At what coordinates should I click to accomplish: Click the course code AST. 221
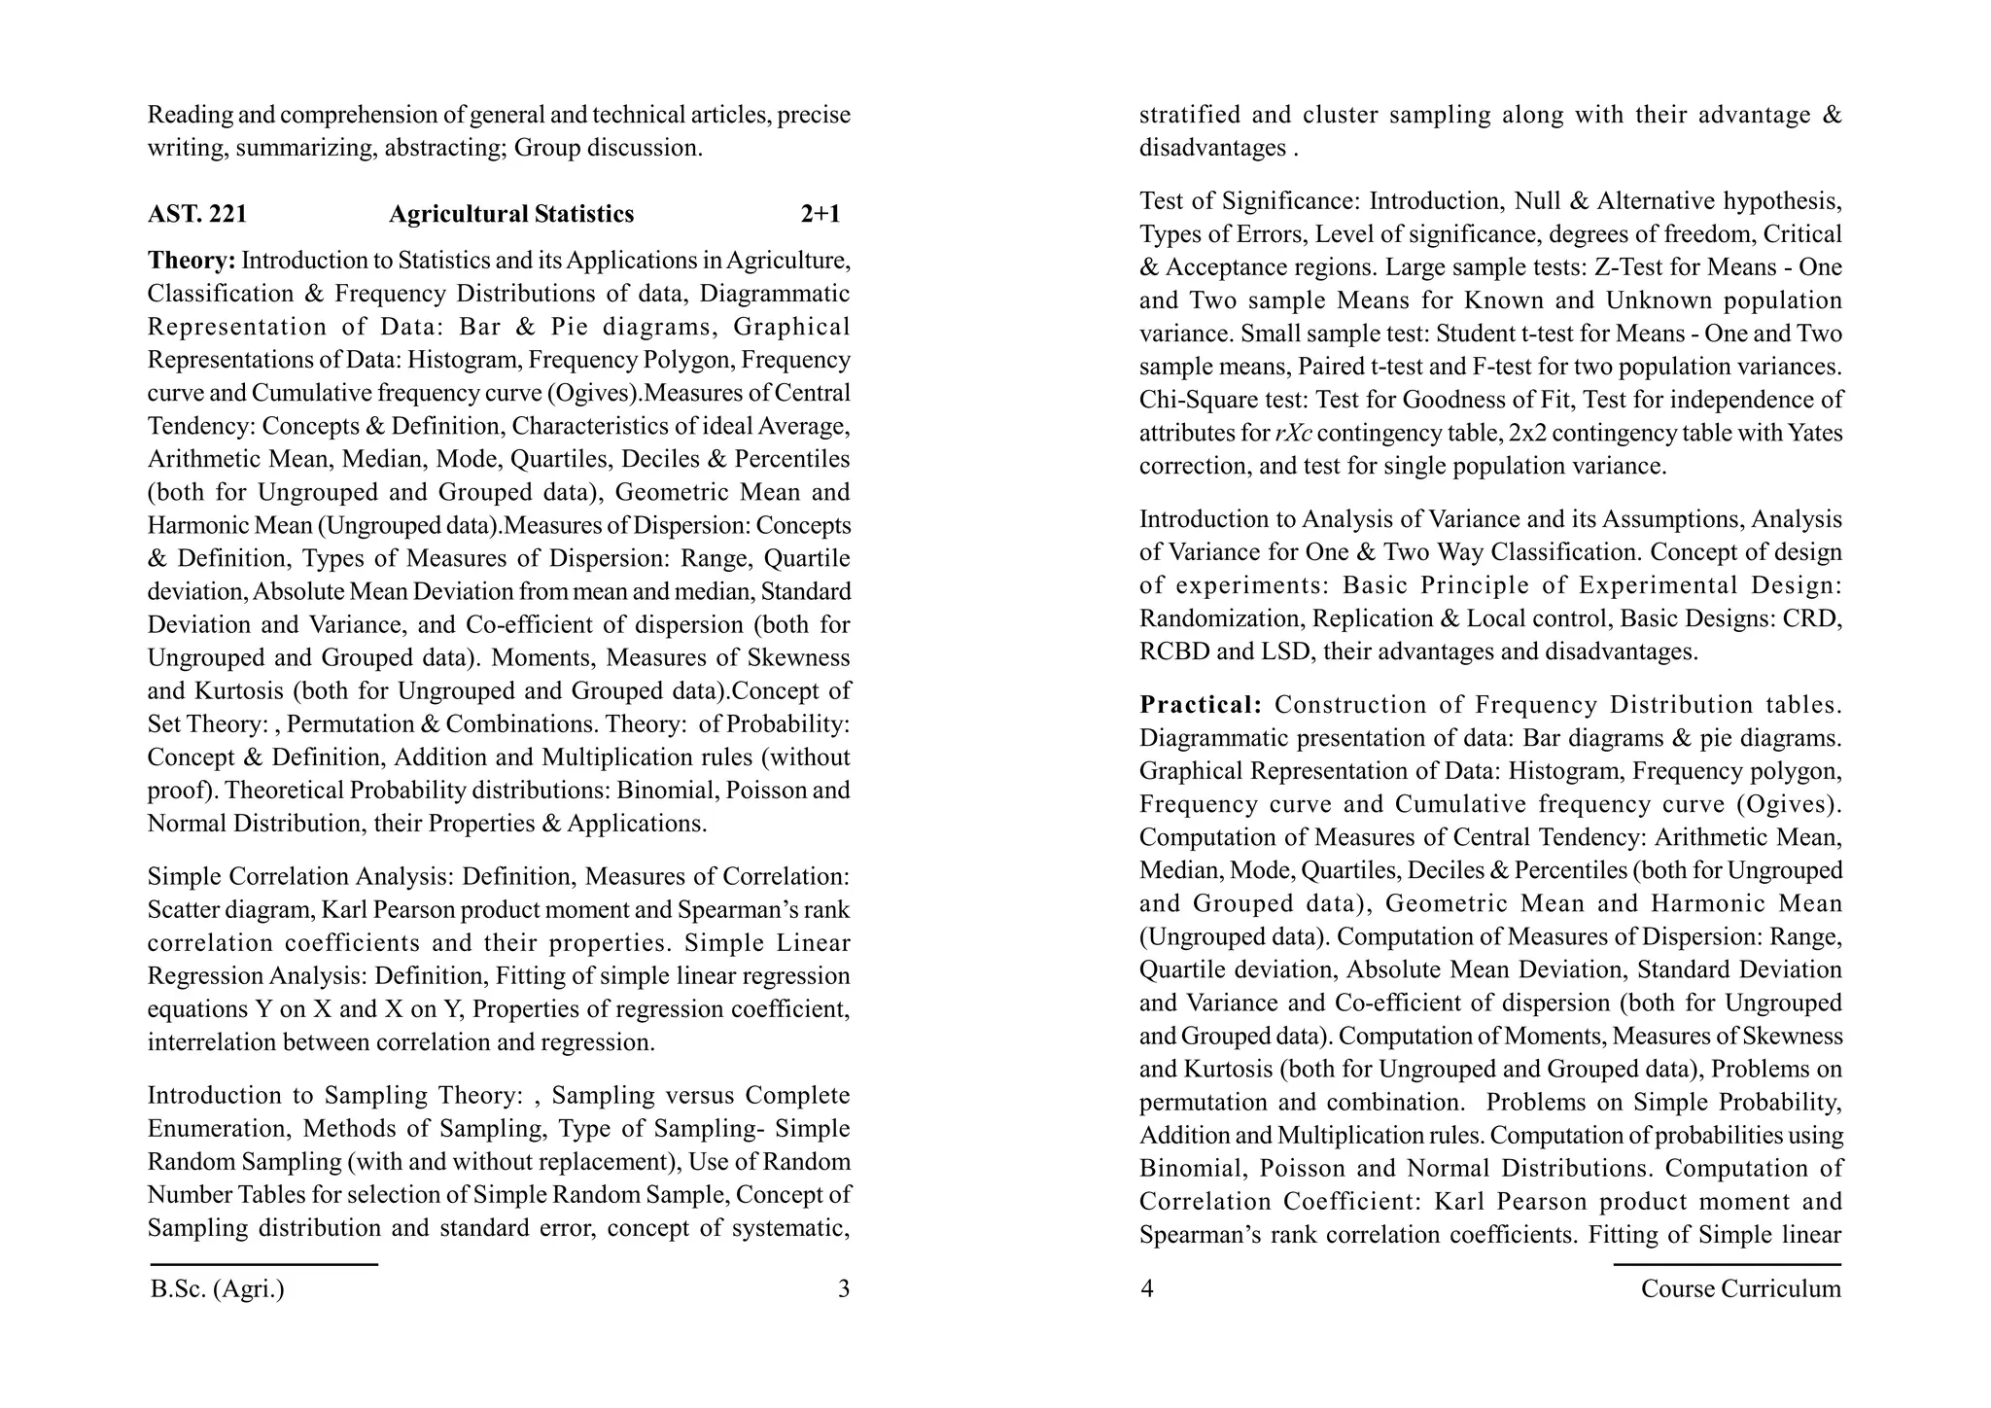(x=197, y=214)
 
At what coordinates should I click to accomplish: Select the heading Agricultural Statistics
(x=511, y=214)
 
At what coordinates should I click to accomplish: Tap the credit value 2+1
(x=821, y=214)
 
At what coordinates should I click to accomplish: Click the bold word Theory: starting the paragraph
(x=192, y=261)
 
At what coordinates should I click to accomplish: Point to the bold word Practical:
(x=1201, y=705)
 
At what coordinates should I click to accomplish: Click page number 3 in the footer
(x=843, y=1289)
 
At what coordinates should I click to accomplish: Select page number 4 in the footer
(x=1147, y=1289)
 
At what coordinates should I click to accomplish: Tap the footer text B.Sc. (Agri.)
(x=218, y=1289)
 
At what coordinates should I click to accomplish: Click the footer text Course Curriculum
(x=1740, y=1289)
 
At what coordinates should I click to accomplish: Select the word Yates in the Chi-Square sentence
(x=1815, y=434)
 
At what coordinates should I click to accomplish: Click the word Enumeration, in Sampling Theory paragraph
(x=218, y=1129)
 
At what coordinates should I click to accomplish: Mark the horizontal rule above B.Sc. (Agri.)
(x=264, y=1265)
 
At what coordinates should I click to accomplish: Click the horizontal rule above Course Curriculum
(x=1727, y=1265)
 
